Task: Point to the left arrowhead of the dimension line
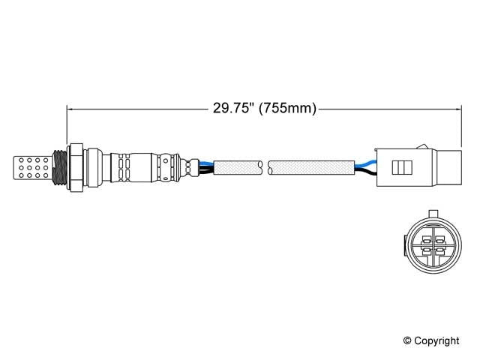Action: [72, 109]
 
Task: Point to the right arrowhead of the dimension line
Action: [456, 109]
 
